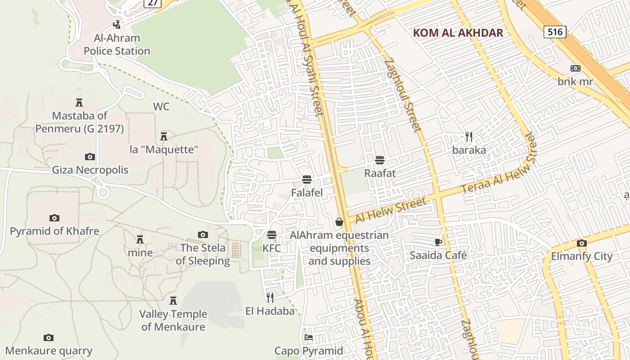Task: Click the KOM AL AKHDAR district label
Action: coord(458,33)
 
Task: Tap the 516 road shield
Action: coord(554,32)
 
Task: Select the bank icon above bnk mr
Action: coord(575,68)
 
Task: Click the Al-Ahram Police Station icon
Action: coord(117,24)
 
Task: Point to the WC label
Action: coord(161,107)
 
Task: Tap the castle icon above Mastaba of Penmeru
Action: coord(79,103)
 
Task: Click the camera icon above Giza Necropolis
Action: coord(90,157)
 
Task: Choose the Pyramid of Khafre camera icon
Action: coord(54,218)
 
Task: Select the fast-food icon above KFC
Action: coord(271,235)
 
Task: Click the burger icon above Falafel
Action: coord(307,180)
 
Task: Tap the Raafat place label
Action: coord(380,173)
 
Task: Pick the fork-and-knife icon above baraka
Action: coord(469,136)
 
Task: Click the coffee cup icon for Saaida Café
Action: coord(438,242)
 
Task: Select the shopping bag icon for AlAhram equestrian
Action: coord(339,222)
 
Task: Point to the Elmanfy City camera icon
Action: coord(582,243)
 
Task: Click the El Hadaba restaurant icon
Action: coord(270,297)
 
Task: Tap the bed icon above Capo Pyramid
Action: coord(309,337)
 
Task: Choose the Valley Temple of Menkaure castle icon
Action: coord(173,300)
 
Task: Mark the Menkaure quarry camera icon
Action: coord(49,337)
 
